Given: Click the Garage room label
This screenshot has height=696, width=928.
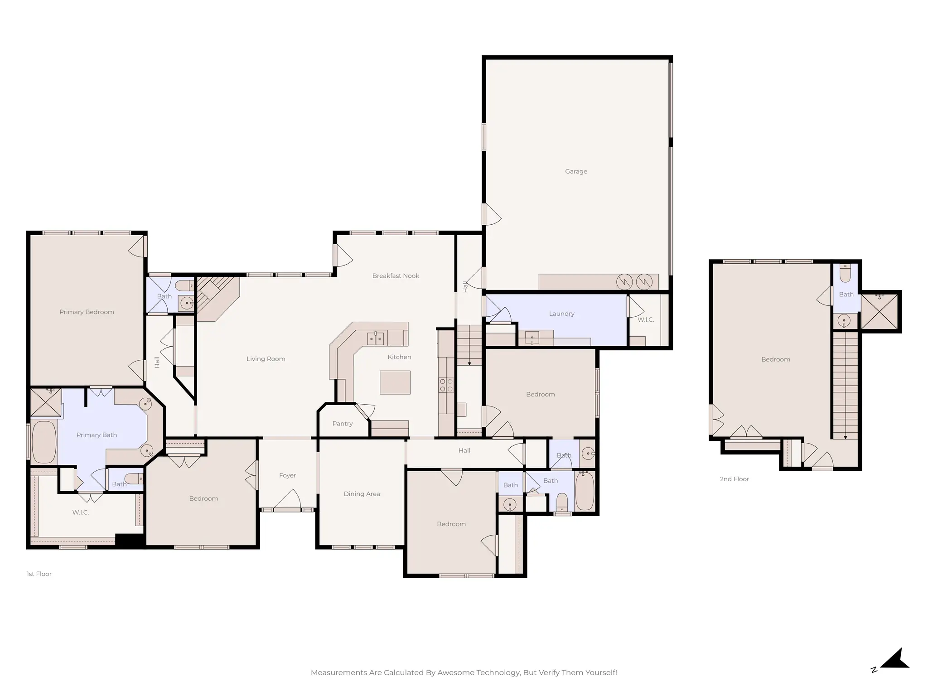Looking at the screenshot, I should [x=576, y=171].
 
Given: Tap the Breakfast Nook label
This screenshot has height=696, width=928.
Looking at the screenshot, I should [x=396, y=275].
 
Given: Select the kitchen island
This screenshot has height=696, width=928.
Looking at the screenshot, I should [x=395, y=382].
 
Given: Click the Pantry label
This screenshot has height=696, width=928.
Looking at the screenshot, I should [x=342, y=424].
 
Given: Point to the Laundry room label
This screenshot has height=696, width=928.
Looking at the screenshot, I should [x=561, y=314].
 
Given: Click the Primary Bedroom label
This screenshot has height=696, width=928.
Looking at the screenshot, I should [x=87, y=312].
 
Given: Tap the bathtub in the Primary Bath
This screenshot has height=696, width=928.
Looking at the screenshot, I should [x=43, y=442].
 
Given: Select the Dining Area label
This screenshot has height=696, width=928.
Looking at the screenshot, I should [x=362, y=494].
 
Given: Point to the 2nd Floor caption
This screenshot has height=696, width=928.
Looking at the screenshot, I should [x=734, y=479].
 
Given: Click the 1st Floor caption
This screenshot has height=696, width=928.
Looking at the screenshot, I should [x=39, y=574].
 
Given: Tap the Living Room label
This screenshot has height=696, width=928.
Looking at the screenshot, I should [x=266, y=359].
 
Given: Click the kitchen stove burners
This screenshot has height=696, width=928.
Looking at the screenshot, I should [x=446, y=385].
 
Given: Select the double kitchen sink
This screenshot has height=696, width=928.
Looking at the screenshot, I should [x=375, y=338].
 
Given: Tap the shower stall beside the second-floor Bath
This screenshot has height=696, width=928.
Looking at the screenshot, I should [x=879, y=311].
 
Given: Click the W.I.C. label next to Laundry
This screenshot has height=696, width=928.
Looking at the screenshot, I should [x=646, y=319].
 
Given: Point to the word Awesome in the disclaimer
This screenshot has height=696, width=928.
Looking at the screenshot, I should [x=455, y=672].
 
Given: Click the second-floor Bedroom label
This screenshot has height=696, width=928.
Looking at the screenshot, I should [x=775, y=359].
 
